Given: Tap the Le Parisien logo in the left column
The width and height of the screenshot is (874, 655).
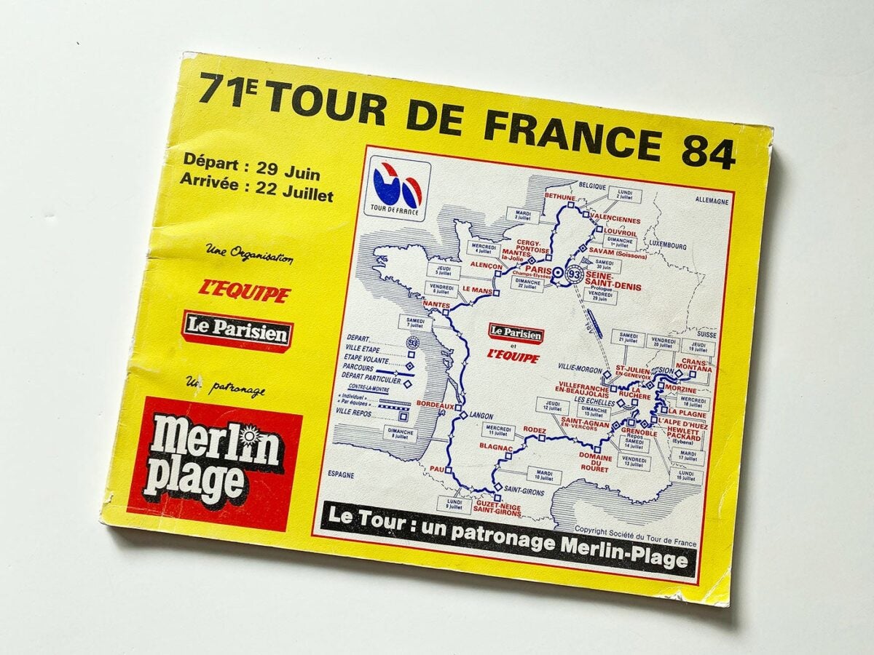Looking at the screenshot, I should click(237, 332).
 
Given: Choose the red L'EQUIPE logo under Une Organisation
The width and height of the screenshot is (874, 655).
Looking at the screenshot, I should click(244, 292).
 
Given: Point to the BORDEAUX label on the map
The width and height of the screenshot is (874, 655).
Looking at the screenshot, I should click(435, 405).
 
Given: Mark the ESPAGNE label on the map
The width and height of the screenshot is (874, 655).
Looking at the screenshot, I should click(340, 475).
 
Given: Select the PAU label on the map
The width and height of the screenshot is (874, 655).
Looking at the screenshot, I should click(436, 469).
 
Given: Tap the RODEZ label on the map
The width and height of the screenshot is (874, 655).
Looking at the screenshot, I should click(534, 430).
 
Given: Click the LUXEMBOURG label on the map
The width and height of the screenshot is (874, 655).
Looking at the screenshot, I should click(664, 246).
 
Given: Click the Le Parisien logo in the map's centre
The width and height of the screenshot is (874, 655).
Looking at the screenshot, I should click(516, 334).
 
